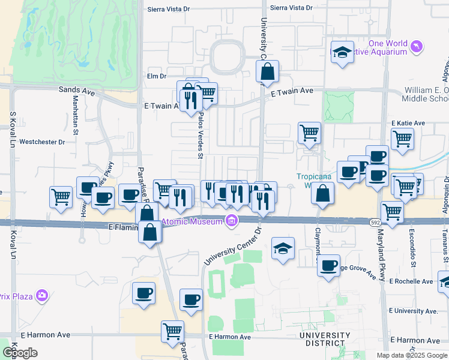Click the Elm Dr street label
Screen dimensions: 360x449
coord(156,76)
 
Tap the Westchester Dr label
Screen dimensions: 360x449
coord(42,142)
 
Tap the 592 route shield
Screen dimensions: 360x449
coord(373,221)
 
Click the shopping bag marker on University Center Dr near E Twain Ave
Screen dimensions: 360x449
coord(267,71)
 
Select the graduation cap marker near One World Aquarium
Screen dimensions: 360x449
coord(342,52)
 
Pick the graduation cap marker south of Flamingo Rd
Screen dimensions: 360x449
coord(283,248)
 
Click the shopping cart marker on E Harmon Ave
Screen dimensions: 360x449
coord(172,331)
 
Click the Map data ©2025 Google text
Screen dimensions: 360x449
coord(412,355)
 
